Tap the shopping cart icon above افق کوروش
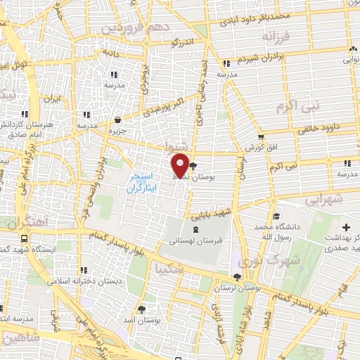pyautogui.click(x=261, y=138)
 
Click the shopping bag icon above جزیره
pyautogui.click(x=117, y=120)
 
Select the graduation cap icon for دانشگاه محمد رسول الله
pyautogui.click(x=276, y=217)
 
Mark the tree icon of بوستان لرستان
pyautogui.click(x=236, y=277)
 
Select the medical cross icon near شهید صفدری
pyautogui.click(x=347, y=228)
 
